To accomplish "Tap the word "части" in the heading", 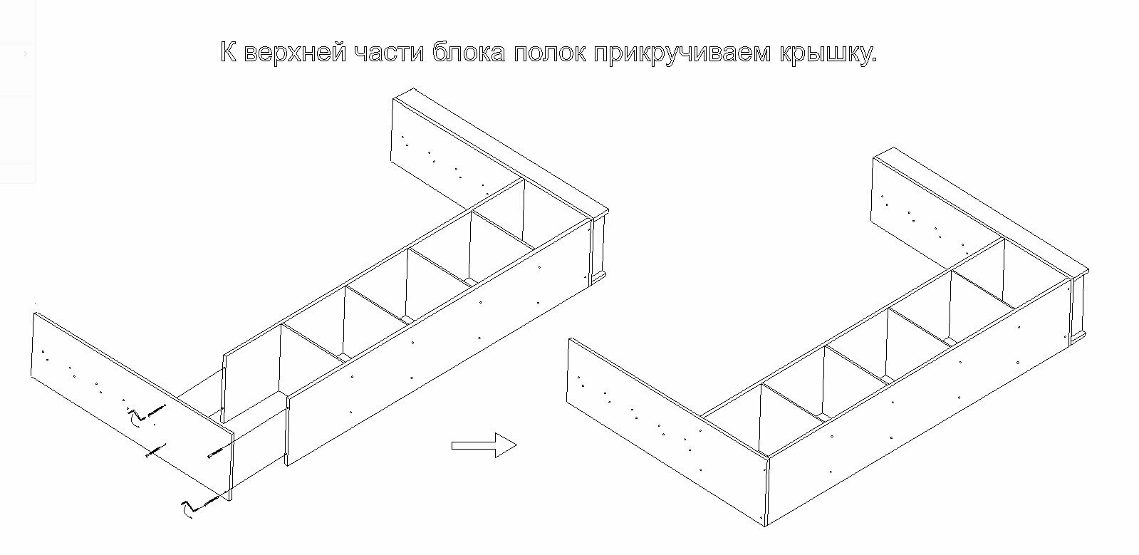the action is click(x=386, y=53).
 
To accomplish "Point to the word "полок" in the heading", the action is click(x=550, y=53).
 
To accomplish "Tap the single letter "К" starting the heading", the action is click(x=229, y=53).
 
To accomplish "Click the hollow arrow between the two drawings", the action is click(x=484, y=445).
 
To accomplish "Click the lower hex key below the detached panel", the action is click(x=187, y=509).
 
